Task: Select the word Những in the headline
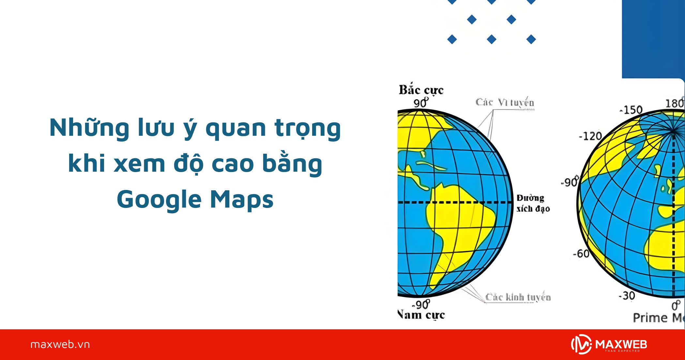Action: click(x=90, y=128)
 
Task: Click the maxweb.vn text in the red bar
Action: click(x=60, y=345)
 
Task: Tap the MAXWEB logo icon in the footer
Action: click(x=581, y=344)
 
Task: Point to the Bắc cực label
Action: click(x=421, y=90)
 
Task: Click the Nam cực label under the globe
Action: click(x=421, y=315)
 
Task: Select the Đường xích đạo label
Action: click(x=533, y=203)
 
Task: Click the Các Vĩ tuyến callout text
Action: click(x=505, y=102)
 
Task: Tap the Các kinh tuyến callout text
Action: click(x=518, y=297)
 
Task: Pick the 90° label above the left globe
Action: click(x=421, y=103)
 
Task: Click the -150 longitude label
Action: click(x=632, y=110)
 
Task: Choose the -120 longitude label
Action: click(x=590, y=136)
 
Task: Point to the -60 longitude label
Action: click(x=581, y=254)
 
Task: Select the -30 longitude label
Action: click(x=627, y=296)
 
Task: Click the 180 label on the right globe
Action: click(x=674, y=103)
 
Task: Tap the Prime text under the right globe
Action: click(x=650, y=318)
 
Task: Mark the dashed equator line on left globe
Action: click(x=457, y=202)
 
